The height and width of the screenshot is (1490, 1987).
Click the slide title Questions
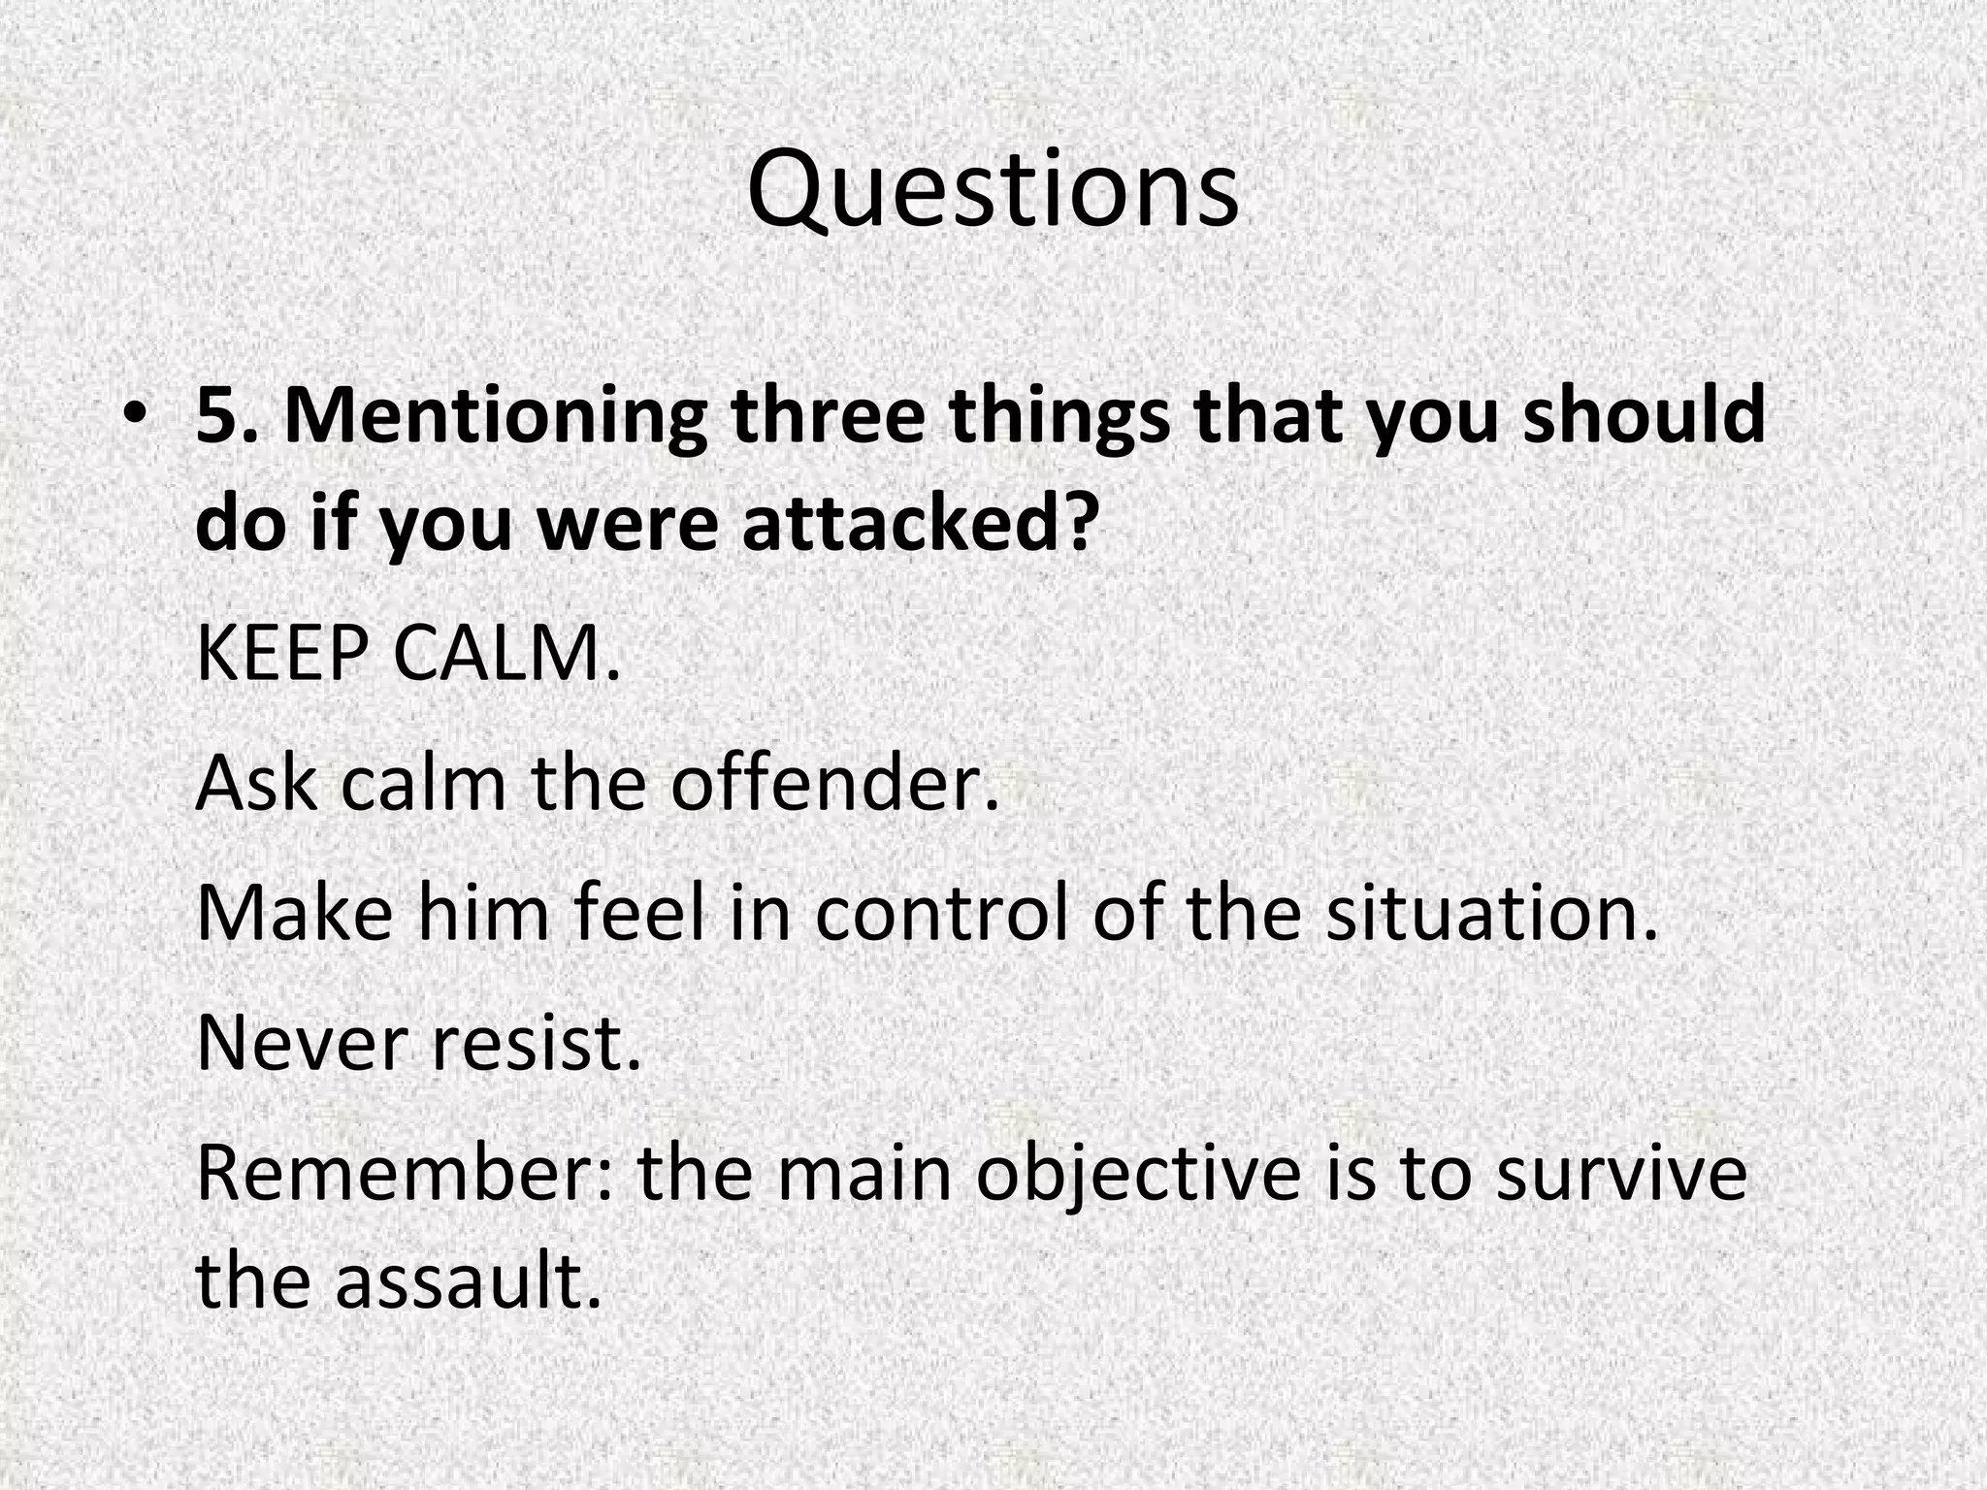tap(993, 189)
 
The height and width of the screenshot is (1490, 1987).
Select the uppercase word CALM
tap(505, 655)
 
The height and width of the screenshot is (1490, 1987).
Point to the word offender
tap(834, 784)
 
